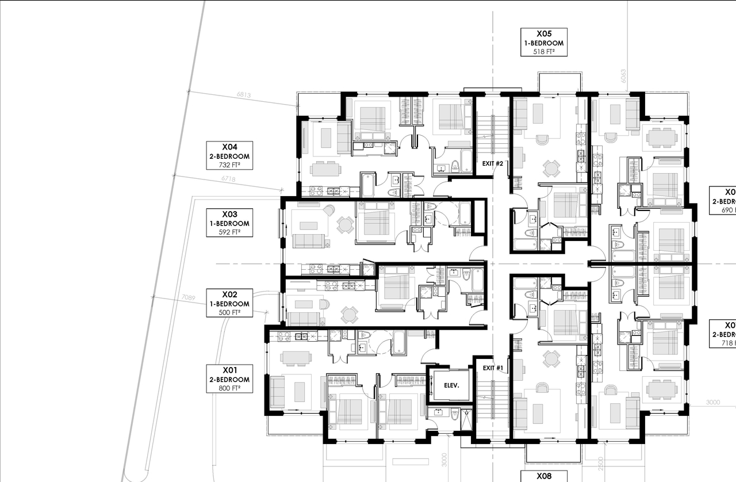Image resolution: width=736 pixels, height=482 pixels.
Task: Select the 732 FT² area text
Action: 229,165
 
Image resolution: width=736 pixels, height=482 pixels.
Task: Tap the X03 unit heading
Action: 229,214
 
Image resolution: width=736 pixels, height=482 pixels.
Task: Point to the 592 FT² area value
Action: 229,232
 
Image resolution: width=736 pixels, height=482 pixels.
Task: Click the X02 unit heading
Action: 229,294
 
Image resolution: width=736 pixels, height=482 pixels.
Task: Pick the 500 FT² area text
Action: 229,312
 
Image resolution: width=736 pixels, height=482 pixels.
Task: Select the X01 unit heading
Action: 229,370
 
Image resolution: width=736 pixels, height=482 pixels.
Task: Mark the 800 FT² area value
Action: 229,388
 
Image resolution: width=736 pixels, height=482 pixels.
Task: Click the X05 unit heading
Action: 544,34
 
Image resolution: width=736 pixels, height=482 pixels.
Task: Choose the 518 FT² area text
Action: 544,52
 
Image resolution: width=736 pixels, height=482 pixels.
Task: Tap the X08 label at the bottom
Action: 544,476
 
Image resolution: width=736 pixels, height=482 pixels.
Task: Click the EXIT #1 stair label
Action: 493,368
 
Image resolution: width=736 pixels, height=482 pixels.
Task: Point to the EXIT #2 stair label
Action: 493,164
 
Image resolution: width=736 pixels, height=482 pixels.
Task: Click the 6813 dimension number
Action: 244,95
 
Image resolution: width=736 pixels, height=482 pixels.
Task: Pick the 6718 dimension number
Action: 228,179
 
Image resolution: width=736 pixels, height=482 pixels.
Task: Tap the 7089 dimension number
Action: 188,297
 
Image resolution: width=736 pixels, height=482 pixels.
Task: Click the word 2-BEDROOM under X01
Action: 229,380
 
